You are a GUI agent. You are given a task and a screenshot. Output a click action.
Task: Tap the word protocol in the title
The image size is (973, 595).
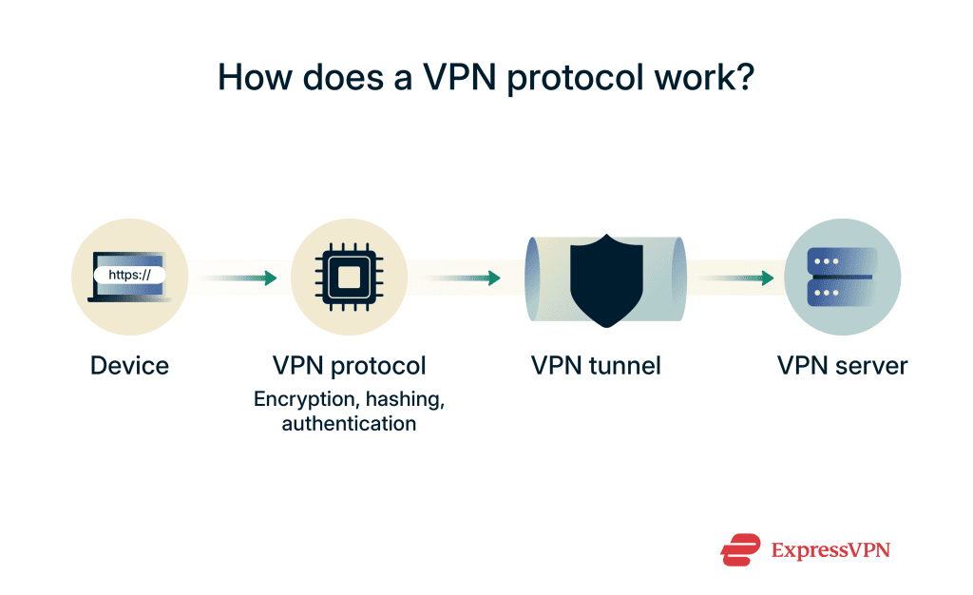(575, 77)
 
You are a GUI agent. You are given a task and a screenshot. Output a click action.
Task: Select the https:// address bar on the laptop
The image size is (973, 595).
(129, 276)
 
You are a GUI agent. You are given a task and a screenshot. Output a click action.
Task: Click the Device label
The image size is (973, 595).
(129, 365)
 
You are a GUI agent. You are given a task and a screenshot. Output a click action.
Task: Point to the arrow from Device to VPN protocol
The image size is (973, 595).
(238, 278)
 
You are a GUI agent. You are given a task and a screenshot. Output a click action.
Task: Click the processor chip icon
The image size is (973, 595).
(350, 278)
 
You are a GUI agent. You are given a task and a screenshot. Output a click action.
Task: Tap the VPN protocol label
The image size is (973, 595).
(350, 365)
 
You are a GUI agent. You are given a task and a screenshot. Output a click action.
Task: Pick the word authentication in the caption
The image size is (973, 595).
(350, 424)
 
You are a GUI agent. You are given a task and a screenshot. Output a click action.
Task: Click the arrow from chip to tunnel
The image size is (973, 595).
(462, 278)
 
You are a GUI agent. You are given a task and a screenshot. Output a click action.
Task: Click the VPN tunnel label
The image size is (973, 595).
(596, 365)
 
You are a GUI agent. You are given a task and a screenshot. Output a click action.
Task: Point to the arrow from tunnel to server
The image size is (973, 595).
(735, 278)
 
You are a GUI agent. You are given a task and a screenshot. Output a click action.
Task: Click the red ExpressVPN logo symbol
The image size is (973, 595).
(741, 549)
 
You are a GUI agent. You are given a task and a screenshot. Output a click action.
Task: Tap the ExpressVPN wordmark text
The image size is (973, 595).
(830, 549)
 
